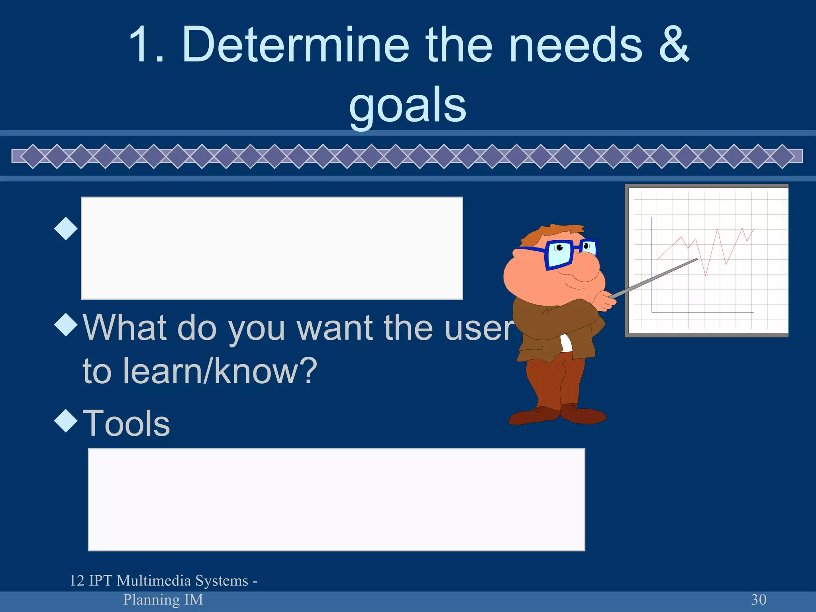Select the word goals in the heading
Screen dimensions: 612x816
point(407,105)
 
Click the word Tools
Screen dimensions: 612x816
point(126,423)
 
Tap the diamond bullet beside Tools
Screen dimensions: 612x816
point(66,421)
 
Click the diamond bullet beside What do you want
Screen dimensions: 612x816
point(66,324)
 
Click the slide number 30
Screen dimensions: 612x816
point(758,599)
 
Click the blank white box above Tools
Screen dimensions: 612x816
point(272,248)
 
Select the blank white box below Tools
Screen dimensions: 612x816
point(336,500)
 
